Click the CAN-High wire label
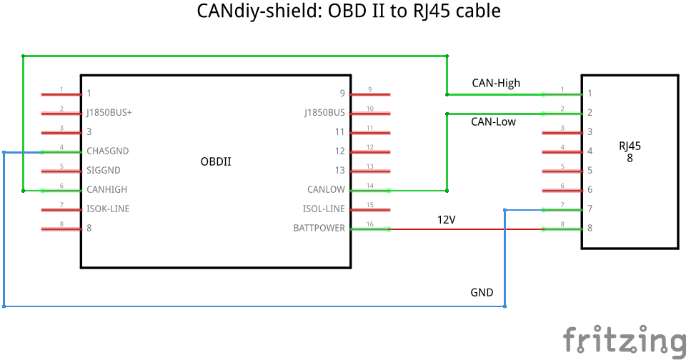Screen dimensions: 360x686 (x=496, y=83)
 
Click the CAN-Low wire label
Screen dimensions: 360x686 (x=493, y=121)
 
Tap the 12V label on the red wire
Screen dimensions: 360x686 (x=446, y=220)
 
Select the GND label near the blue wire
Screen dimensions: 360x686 (x=481, y=293)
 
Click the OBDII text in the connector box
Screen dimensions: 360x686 (x=216, y=161)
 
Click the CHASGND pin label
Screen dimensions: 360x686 (x=108, y=151)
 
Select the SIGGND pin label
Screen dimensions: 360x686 (x=104, y=171)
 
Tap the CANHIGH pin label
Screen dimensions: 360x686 (x=107, y=190)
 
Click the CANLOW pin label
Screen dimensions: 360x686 (x=326, y=190)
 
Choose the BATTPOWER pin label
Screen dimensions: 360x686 (x=319, y=229)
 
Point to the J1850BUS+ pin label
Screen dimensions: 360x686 (x=109, y=113)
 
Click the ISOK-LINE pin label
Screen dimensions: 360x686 (x=108, y=209)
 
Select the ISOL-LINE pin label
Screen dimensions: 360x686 (x=324, y=209)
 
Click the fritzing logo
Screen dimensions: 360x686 (x=622, y=339)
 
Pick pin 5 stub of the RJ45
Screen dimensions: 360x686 (x=562, y=171)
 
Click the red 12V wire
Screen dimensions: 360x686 (x=464, y=229)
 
